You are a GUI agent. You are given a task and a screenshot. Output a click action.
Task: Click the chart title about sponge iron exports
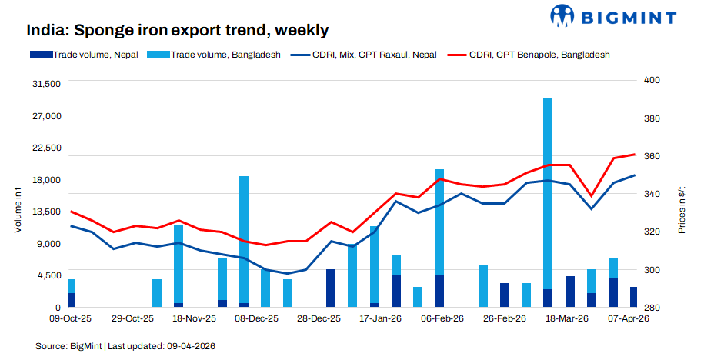(177, 30)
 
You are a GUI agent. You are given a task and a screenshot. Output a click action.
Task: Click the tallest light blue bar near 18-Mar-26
(548, 192)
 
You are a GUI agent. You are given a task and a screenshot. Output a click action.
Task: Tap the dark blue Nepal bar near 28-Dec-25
(331, 288)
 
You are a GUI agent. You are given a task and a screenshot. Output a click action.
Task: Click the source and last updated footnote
(125, 346)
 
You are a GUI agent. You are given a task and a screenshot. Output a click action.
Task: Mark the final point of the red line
(634, 155)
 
